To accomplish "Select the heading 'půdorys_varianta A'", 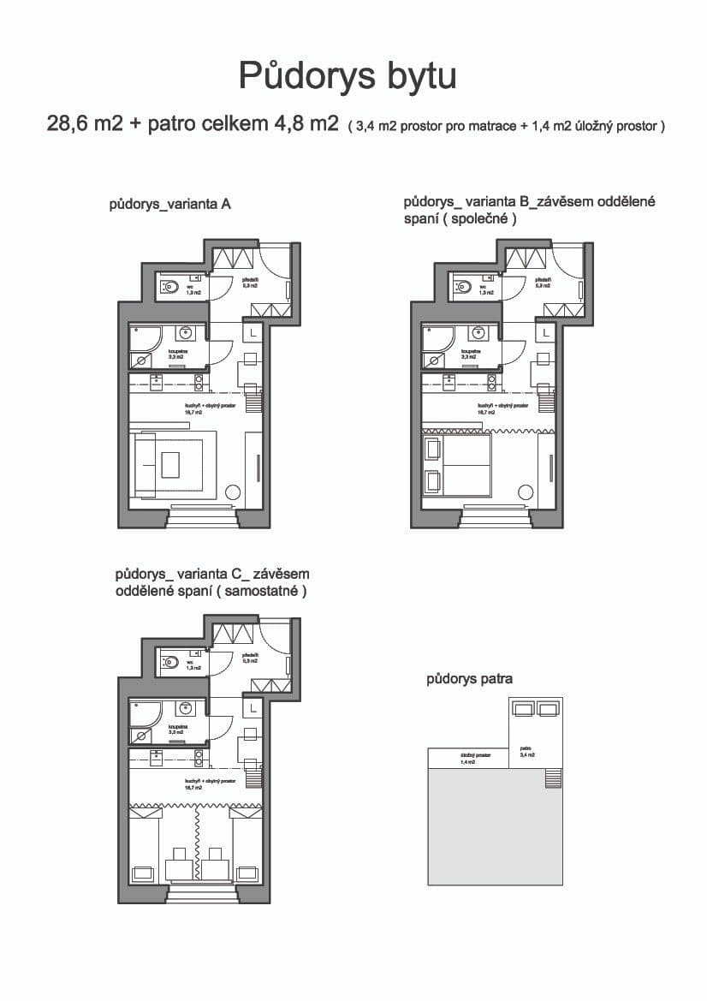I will pos(170,205).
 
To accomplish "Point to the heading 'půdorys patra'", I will pos(469,679).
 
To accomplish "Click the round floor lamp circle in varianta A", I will pos(231,492).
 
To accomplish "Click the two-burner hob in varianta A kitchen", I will pos(199,382).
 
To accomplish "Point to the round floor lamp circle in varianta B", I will pos(525,492).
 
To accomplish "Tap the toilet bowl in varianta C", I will pos(169,660).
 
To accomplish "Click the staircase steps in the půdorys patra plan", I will pos(554,778).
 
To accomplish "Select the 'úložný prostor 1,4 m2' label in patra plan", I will pos(467,759).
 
